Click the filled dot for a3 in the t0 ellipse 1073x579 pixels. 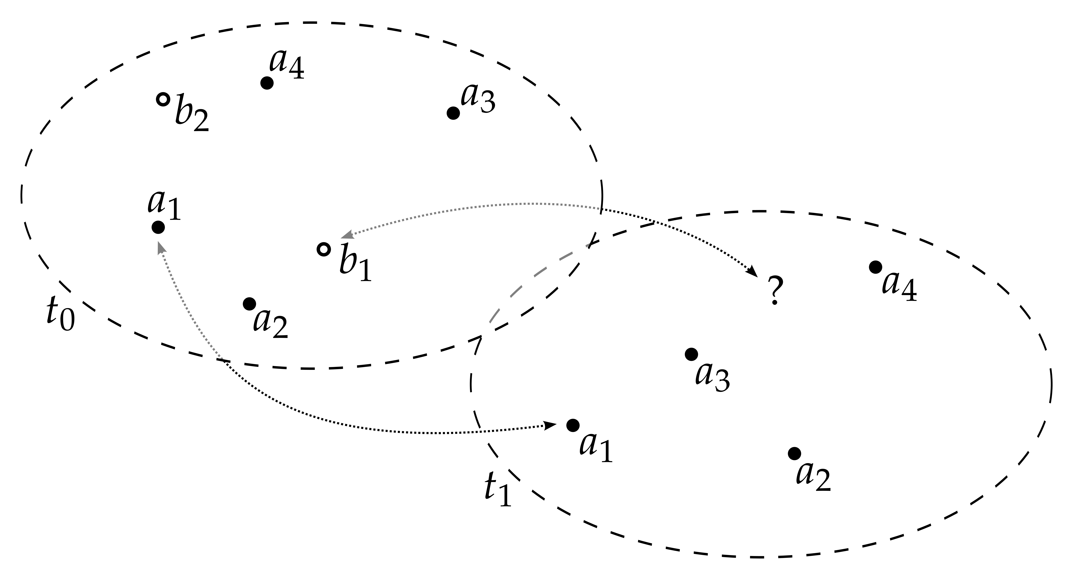(x=453, y=113)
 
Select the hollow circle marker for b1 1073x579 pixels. (x=324, y=249)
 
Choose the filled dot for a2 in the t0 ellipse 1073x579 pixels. (x=250, y=304)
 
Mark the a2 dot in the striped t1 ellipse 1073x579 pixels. (x=794, y=453)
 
